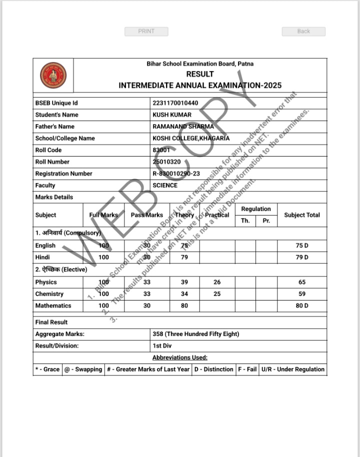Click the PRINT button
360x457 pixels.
[146, 31]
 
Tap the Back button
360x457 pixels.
[303, 31]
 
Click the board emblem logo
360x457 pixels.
[53, 75]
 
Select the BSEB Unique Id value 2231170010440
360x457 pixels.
[175, 103]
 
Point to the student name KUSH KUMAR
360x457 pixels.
[172, 114]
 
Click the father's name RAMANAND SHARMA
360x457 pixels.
[183, 126]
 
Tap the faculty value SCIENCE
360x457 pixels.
[165, 185]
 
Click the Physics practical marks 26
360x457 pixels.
[217, 282]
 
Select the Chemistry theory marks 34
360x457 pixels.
[184, 294]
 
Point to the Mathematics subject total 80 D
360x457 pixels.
[301, 305]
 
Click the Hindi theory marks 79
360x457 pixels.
[184, 257]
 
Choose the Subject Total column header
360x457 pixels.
[301, 215]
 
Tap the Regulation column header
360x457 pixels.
[256, 209]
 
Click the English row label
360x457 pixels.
[45, 245]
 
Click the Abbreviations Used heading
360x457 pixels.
[180, 357]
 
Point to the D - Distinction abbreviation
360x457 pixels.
[213, 369]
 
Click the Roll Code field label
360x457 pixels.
[48, 150]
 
